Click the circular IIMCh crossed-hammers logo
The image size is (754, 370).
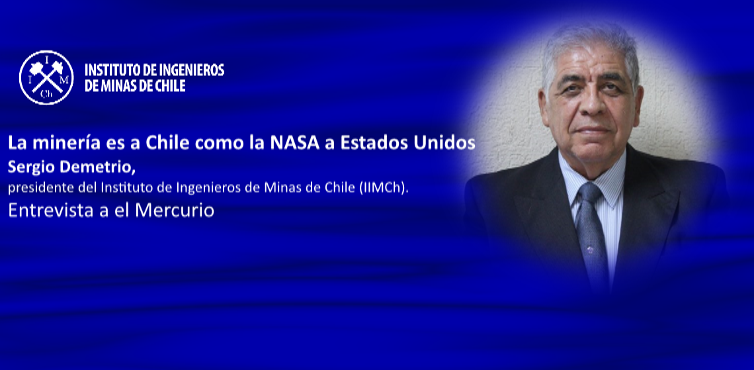click(46, 77)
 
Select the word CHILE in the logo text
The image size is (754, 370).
click(168, 86)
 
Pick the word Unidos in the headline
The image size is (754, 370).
click(448, 143)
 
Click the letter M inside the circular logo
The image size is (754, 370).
click(66, 79)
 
